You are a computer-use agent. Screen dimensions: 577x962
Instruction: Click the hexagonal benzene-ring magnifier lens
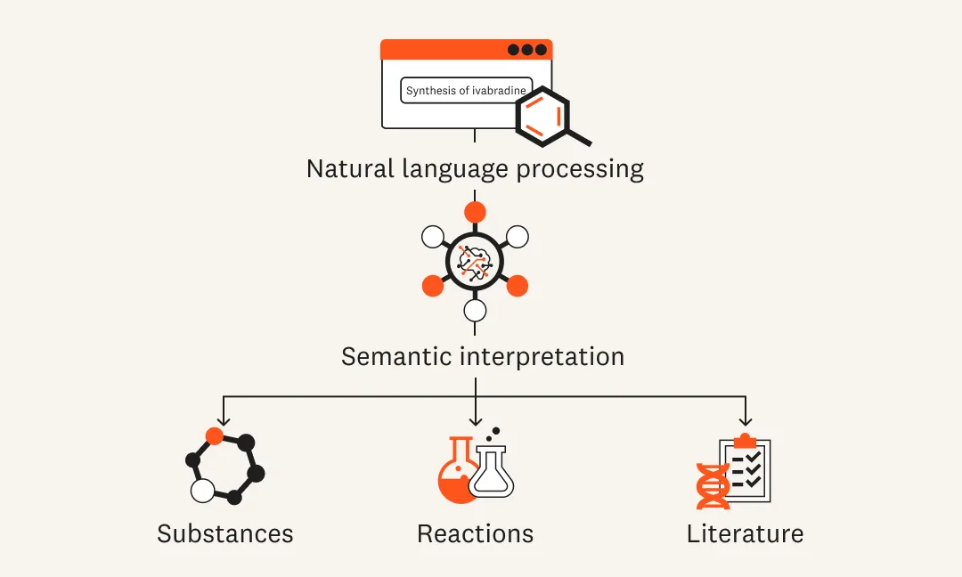tap(542, 117)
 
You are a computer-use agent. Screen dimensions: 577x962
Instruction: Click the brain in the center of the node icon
tap(475, 261)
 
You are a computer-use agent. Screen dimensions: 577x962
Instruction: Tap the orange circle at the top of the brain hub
tap(475, 212)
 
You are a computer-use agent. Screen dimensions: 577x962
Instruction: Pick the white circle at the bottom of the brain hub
tap(475, 310)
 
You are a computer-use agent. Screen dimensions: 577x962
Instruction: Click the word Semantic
tap(396, 357)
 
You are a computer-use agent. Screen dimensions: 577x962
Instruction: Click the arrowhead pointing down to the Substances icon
tap(223, 420)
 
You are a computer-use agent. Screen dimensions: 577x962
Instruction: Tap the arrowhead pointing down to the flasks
tap(476, 420)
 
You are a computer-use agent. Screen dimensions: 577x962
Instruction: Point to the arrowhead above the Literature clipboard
tap(746, 420)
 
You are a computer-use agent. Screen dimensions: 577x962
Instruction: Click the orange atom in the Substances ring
tap(214, 436)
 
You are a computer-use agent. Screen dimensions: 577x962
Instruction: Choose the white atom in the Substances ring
tap(203, 490)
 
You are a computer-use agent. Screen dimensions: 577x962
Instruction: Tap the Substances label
tap(224, 534)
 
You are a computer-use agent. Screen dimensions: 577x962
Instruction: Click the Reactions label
tap(475, 534)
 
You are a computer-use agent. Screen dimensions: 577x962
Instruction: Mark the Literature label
tap(745, 534)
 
